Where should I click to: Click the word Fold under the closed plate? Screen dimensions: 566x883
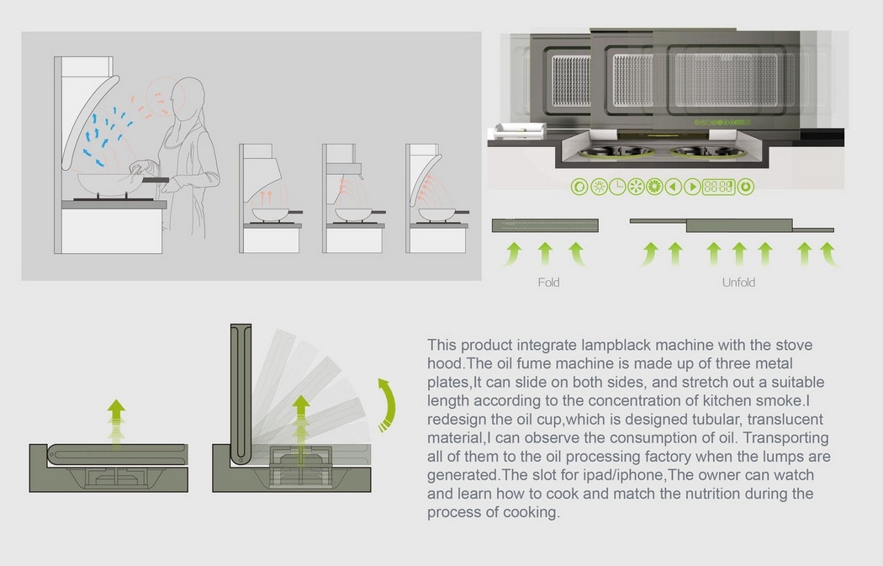click(548, 283)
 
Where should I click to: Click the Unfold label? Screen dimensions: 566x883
click(738, 283)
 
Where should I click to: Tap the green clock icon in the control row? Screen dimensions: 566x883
click(617, 187)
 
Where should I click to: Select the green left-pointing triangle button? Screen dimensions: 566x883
click(674, 187)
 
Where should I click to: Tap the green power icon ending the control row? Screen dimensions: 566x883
click(745, 187)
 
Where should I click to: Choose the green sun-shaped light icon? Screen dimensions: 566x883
click(599, 187)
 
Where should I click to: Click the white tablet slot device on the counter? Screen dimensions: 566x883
click(519, 129)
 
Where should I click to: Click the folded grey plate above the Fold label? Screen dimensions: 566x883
click(544, 224)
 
